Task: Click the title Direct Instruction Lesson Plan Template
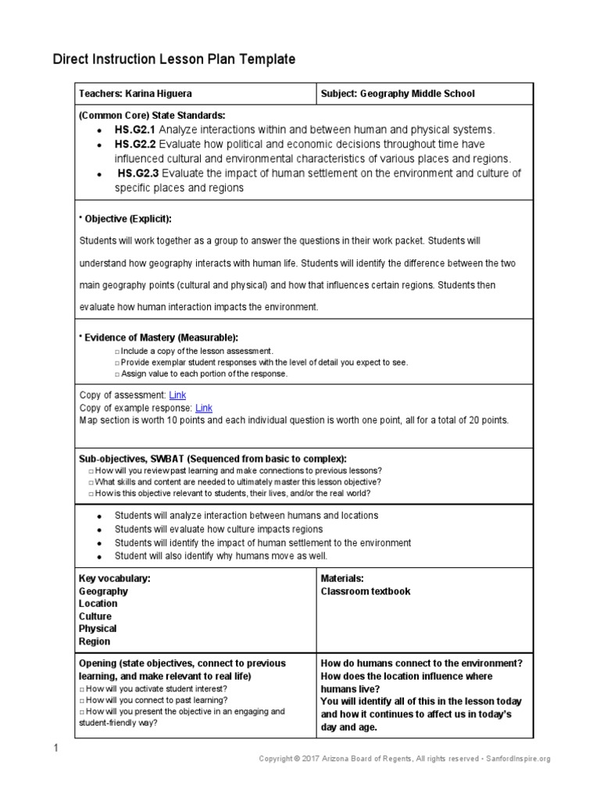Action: click(173, 59)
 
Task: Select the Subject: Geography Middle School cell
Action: click(398, 94)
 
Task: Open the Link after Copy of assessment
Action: click(177, 395)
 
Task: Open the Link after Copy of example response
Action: click(203, 408)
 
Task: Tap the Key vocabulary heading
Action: click(115, 578)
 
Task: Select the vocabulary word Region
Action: click(95, 641)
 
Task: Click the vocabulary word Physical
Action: click(98, 628)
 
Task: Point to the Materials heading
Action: click(343, 578)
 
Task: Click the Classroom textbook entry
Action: click(366, 591)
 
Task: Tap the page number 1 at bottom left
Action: click(55, 750)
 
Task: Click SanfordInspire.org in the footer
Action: click(518, 759)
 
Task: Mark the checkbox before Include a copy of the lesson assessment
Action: click(116, 352)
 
